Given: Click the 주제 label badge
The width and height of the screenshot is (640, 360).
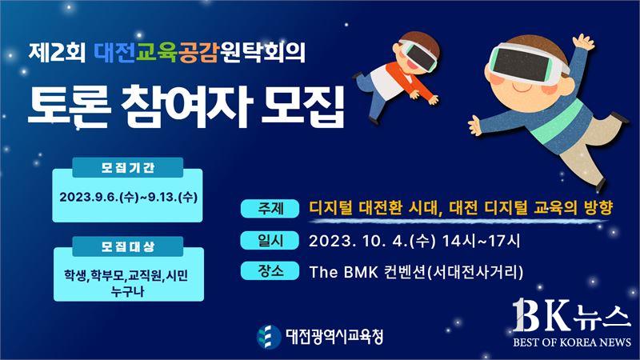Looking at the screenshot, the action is [270, 209].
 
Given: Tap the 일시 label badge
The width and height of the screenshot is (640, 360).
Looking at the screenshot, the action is [270, 240].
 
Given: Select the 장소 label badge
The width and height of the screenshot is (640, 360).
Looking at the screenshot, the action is [270, 271].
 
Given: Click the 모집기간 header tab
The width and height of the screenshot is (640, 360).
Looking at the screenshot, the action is [128, 167].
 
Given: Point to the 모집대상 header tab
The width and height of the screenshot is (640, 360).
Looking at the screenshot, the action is [128, 246].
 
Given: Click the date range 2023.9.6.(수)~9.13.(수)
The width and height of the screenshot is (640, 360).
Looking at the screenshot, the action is [129, 197].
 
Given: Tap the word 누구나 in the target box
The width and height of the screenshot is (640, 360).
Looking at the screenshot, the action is [128, 291].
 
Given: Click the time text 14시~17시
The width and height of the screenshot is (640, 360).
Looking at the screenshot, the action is [482, 241].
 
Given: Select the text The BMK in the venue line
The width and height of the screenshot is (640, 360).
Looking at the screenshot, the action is [344, 272].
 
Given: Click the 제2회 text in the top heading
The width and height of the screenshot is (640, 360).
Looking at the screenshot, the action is [57, 52].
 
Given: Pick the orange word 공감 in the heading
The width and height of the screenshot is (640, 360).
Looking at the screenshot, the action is [198, 52].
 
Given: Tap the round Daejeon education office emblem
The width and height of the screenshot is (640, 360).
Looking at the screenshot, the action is [269, 337].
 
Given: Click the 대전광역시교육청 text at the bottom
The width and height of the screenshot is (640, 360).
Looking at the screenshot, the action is [334, 337].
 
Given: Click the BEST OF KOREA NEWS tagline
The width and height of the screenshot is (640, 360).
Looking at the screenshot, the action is [572, 342].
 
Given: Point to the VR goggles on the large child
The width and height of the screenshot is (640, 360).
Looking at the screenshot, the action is [527, 63].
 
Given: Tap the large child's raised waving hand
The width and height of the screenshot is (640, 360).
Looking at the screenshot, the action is [583, 42].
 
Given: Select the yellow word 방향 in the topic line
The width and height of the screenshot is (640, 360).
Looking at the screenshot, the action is [598, 208].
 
